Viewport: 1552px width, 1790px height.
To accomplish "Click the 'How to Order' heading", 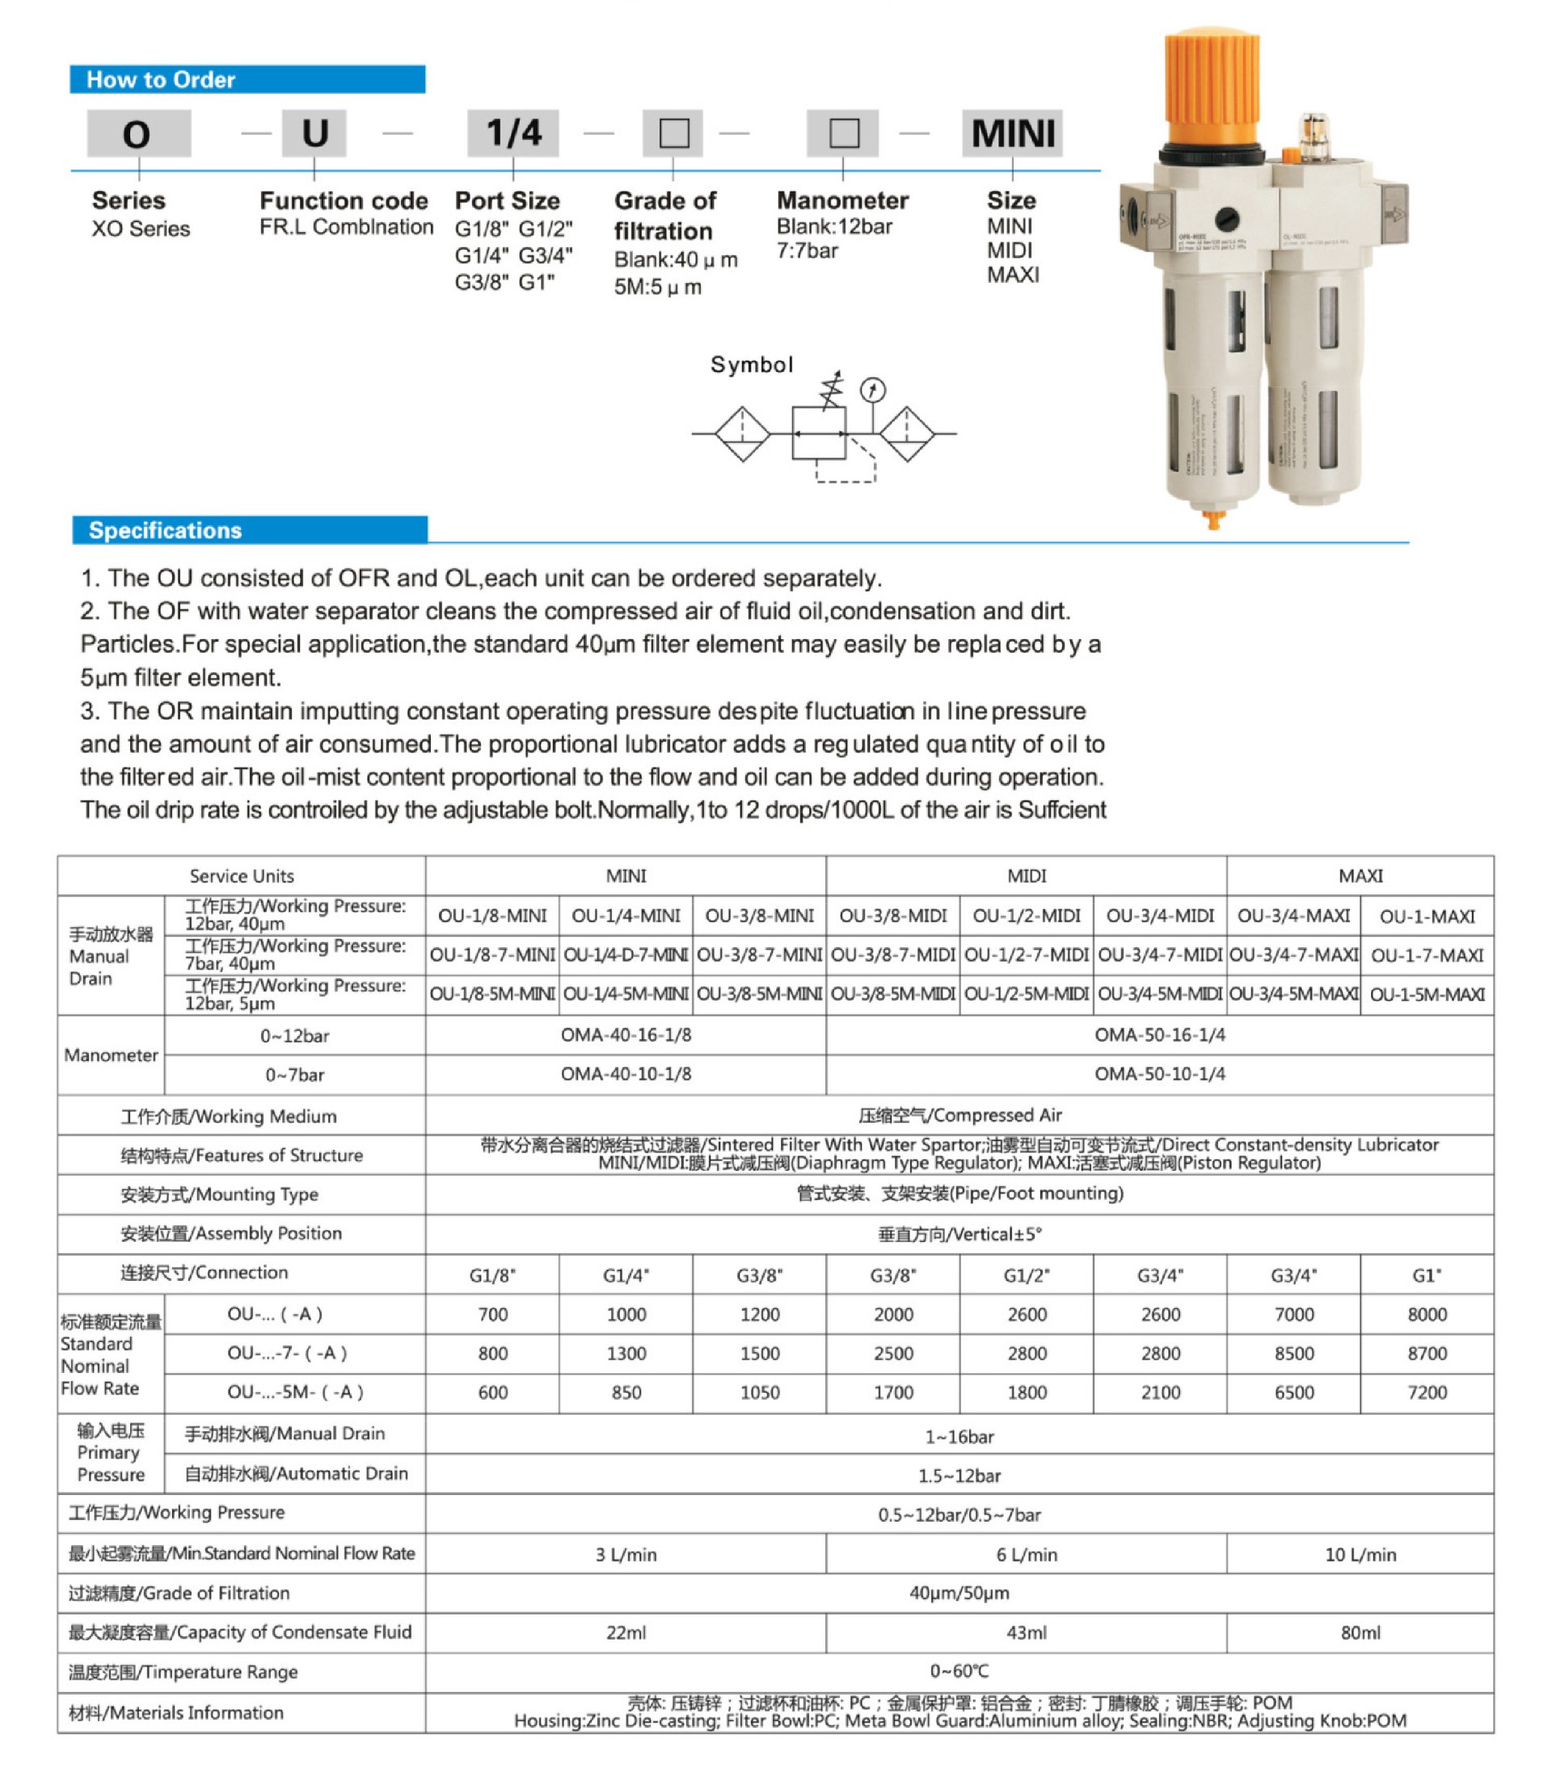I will [161, 80].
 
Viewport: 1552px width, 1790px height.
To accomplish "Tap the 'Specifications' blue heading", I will [166, 530].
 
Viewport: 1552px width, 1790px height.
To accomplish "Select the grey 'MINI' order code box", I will [1012, 133].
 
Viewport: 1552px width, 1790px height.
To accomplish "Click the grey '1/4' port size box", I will [512, 133].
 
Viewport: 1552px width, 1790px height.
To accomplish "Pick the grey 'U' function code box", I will [314, 133].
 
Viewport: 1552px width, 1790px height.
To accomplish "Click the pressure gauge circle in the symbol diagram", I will [872, 390].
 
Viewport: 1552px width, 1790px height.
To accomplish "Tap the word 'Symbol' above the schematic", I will [752, 364].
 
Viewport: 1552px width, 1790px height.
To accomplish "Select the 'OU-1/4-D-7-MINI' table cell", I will [626, 955].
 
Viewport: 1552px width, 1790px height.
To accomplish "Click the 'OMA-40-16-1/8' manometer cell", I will [626, 1035].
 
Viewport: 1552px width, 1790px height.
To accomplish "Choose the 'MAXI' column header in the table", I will [1360, 875].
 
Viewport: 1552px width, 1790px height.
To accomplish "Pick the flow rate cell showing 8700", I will [1427, 1353].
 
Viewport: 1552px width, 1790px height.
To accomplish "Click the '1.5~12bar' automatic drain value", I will [959, 1475].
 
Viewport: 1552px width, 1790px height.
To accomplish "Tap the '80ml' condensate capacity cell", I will [1360, 1632].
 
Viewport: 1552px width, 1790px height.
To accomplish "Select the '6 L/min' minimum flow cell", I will [1027, 1555].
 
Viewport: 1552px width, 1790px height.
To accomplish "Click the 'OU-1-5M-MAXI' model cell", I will [1427, 994].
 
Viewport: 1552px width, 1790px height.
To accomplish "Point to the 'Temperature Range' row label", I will [183, 1672].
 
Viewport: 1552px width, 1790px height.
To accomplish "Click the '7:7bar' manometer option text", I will [808, 251].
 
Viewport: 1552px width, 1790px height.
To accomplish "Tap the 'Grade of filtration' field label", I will [664, 216].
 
